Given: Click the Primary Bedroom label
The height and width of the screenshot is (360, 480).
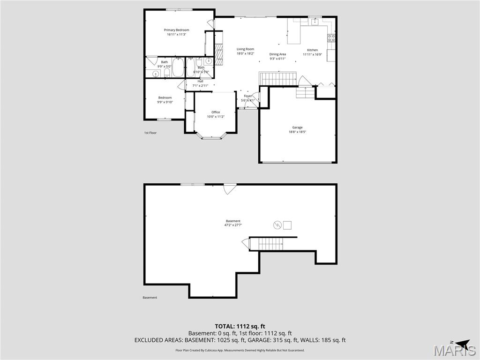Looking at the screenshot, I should coord(176,30).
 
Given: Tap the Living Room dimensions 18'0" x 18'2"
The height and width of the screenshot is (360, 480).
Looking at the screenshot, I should coord(245,53).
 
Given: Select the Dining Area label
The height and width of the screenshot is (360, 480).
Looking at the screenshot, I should coord(277,54).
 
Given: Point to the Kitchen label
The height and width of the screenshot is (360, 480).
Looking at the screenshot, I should coord(312,50).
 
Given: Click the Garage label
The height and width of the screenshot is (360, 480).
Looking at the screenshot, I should coord(297,127).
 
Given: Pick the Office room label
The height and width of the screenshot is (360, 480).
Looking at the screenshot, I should coord(216,112).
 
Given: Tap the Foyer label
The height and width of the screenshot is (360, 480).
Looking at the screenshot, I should coord(248,96).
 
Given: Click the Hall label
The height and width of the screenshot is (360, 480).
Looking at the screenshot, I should coord(200,81).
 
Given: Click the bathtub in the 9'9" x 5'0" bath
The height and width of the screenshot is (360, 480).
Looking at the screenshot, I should coord(178,67).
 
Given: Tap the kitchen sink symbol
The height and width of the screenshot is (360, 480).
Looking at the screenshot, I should coord(315,21).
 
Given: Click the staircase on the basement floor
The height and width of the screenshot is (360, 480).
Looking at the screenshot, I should coord(270,244).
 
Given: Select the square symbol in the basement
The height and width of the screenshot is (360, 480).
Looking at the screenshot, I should coord(287,225).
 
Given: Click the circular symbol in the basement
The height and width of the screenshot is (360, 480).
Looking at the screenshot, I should coord(277,225).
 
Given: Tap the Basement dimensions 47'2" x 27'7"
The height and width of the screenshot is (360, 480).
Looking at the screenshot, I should coord(233,225).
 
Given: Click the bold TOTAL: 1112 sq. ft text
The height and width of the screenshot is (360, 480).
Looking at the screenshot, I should coord(240,326).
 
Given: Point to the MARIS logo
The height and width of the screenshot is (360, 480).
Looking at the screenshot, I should coord(454,349).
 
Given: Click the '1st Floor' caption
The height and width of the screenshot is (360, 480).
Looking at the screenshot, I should coord(150,133).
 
